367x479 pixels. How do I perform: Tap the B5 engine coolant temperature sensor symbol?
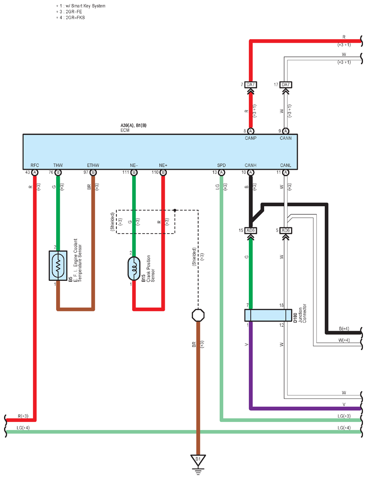click(58, 266)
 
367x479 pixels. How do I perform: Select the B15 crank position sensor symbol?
click(134, 269)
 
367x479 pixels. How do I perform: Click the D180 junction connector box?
click(268, 315)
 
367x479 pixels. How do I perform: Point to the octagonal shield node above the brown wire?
click(198, 315)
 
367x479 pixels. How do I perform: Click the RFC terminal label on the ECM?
click(35, 165)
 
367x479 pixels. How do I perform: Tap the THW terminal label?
click(58, 165)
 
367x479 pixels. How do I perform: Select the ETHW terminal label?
click(93, 165)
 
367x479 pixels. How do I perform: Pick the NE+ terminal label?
click(163, 165)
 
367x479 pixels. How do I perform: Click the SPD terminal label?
click(221, 165)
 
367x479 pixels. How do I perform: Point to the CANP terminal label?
click(251, 138)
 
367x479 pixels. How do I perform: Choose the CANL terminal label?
click(286, 165)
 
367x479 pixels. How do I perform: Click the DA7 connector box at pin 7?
click(251, 84)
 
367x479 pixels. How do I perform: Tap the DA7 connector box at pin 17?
click(286, 84)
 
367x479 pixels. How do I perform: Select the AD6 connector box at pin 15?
click(251, 231)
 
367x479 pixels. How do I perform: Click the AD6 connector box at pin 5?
click(286, 231)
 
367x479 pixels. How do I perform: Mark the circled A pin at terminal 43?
click(35, 173)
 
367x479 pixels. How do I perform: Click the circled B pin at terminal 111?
click(134, 173)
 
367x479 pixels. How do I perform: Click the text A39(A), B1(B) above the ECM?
click(133, 125)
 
